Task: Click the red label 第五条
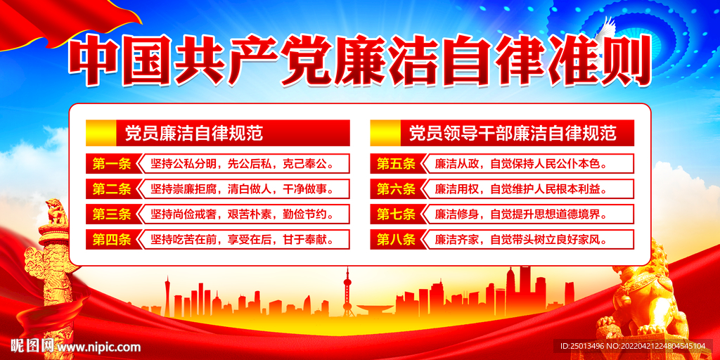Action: [x=396, y=165]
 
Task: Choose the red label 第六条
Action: [x=396, y=188]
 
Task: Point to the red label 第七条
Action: [x=396, y=214]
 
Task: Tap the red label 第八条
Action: [x=396, y=239]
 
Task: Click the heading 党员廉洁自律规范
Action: [x=193, y=132]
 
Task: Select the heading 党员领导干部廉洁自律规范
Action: [x=512, y=132]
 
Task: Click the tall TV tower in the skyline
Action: [x=347, y=292]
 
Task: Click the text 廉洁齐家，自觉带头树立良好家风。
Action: [x=520, y=239]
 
